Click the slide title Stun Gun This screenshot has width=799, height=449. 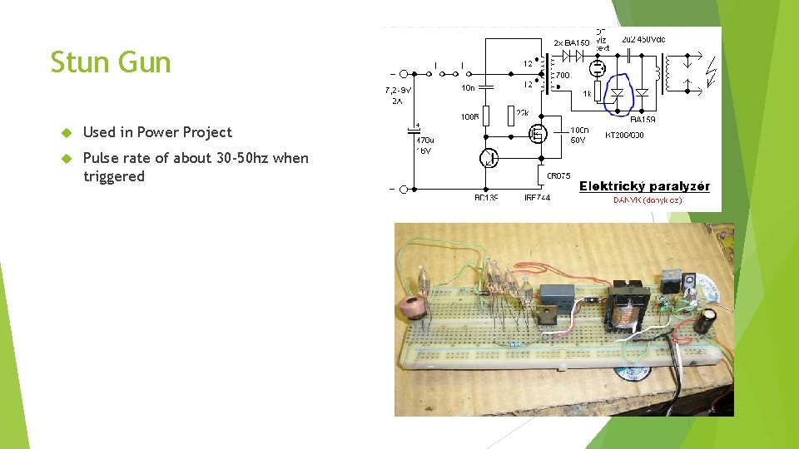(111, 63)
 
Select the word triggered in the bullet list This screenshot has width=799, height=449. (114, 176)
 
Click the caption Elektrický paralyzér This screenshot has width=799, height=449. (644, 186)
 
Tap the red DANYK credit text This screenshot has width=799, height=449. (648, 200)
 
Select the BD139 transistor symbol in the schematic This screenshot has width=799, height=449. (490, 158)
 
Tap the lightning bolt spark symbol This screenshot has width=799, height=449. (709, 74)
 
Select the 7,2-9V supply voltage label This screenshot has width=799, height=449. (399, 89)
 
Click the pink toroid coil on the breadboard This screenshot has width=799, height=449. (409, 305)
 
